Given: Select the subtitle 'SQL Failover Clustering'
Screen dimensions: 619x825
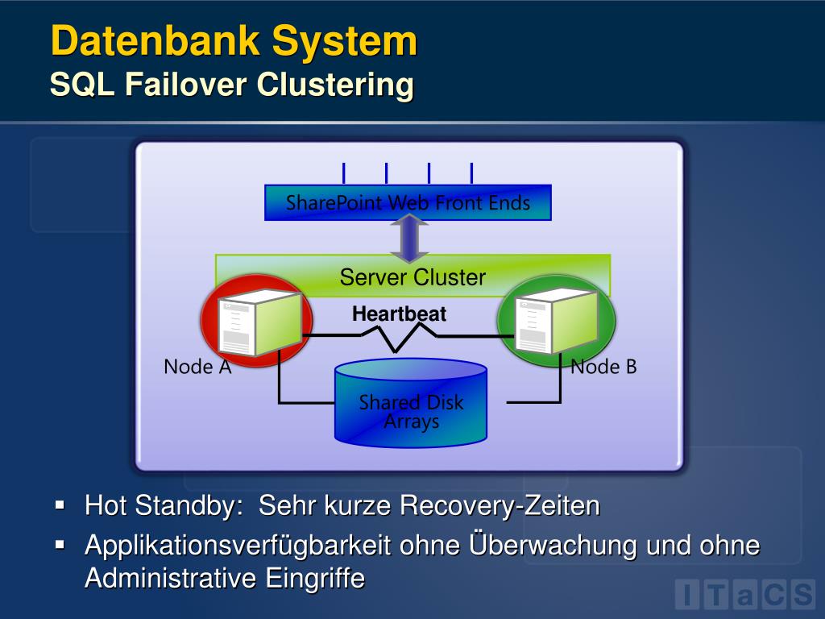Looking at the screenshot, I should click(231, 85).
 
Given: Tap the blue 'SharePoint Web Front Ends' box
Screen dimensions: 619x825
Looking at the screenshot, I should click(408, 203).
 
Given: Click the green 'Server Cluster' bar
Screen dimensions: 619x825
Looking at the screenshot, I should click(412, 277).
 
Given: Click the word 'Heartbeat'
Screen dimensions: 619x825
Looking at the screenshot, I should click(399, 314).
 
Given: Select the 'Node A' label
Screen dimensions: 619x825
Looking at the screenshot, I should click(197, 367).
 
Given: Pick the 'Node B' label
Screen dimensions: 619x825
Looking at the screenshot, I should click(603, 367).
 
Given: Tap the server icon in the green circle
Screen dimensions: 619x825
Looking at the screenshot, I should click(556, 321).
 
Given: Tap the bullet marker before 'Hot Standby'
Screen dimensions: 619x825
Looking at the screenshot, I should click(60, 506).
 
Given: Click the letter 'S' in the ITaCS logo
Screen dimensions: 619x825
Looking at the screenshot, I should click(801, 595).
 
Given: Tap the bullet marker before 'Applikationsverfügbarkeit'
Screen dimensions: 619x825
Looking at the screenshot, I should click(60, 545).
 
